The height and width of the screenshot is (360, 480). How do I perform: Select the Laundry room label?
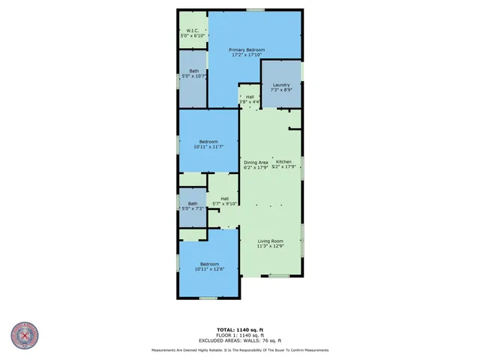pos(281,85)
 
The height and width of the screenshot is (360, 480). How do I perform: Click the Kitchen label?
pos(283,162)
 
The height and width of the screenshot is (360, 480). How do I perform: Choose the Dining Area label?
pos(256,162)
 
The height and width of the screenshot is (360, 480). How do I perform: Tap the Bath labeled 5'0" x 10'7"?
pos(193,71)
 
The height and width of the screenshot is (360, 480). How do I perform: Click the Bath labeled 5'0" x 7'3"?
pos(193,203)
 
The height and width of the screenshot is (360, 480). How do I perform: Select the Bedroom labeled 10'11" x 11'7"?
pos(208,142)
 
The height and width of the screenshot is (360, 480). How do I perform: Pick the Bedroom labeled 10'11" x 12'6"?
pos(208,264)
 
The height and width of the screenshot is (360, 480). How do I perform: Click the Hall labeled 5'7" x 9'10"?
pos(224,198)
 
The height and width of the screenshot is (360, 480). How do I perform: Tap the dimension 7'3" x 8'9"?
pos(281,90)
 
